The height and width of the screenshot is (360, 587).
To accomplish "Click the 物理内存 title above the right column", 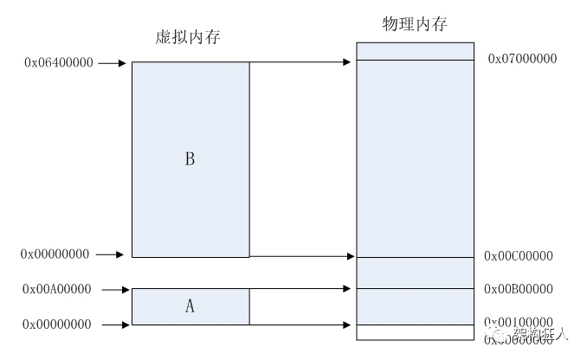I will click(414, 23).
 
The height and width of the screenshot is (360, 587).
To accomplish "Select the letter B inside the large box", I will click(190, 159).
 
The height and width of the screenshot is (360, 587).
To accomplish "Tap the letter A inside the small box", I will click(190, 305).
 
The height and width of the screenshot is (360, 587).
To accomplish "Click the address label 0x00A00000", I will click(58, 290).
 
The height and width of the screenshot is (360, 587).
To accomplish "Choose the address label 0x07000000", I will click(522, 59).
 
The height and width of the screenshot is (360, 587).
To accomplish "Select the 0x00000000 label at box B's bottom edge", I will click(55, 254).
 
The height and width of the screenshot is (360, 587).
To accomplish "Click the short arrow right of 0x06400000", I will click(113, 63).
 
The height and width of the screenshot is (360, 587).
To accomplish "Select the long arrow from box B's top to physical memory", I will click(303, 61).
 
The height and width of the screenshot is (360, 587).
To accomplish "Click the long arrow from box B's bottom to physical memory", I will click(303, 256).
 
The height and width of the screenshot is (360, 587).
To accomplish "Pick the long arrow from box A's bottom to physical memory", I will click(303, 325).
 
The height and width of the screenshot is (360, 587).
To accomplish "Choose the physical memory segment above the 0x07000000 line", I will click(415, 51).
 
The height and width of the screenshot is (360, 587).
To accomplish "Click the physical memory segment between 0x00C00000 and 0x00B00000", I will click(415, 273).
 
